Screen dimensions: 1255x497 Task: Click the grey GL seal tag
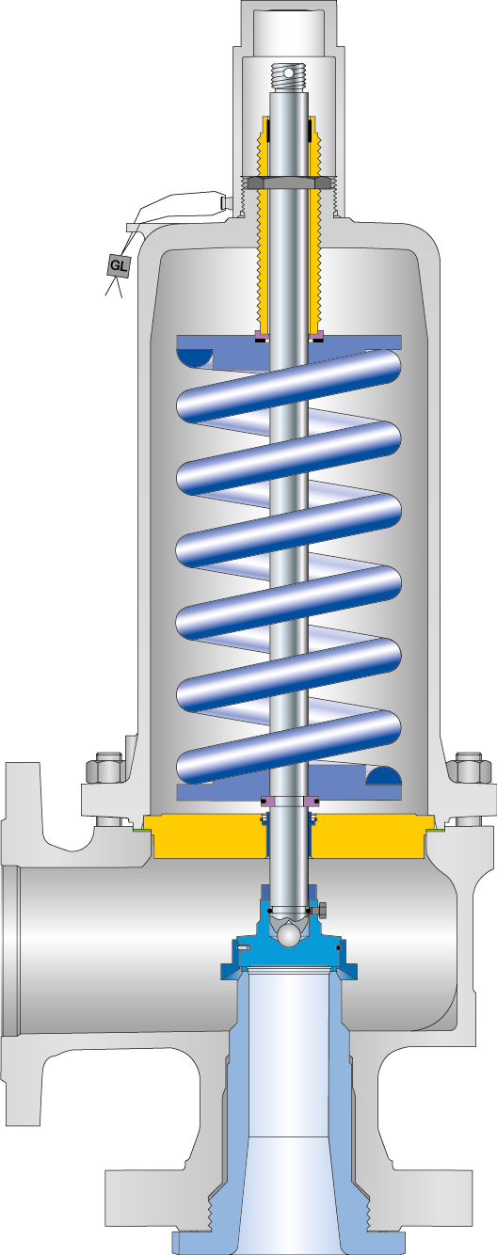tap(118, 266)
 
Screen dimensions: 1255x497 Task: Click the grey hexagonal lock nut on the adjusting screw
tap(289, 181)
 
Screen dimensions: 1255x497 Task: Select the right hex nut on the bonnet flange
tap(468, 770)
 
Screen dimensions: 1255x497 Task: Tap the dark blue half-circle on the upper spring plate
tap(196, 358)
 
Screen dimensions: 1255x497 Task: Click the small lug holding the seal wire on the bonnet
tap(224, 202)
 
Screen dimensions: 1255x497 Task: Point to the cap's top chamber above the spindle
tap(289, 28)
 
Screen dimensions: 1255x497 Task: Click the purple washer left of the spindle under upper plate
tap(264, 335)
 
